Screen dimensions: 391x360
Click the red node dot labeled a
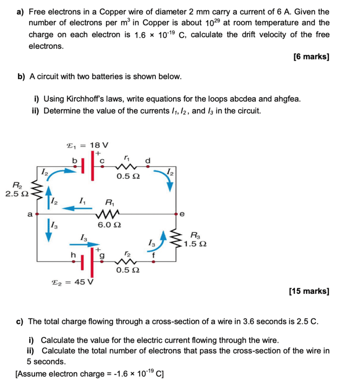click(x=36, y=214)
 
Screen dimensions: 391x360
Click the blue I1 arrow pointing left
click(x=74, y=208)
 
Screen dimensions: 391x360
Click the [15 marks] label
click(x=309, y=291)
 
